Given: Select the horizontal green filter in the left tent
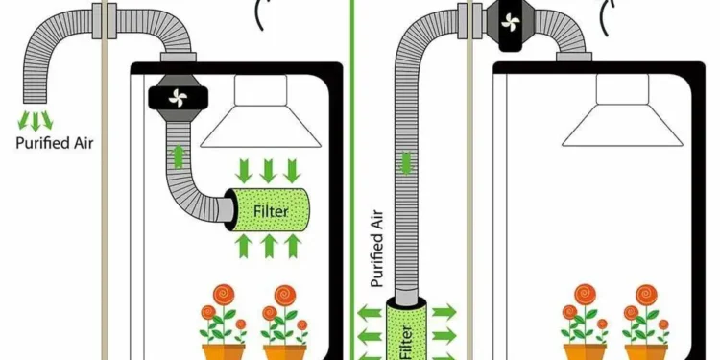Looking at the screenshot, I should point(268,209).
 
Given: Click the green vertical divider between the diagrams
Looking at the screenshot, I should point(352,180).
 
